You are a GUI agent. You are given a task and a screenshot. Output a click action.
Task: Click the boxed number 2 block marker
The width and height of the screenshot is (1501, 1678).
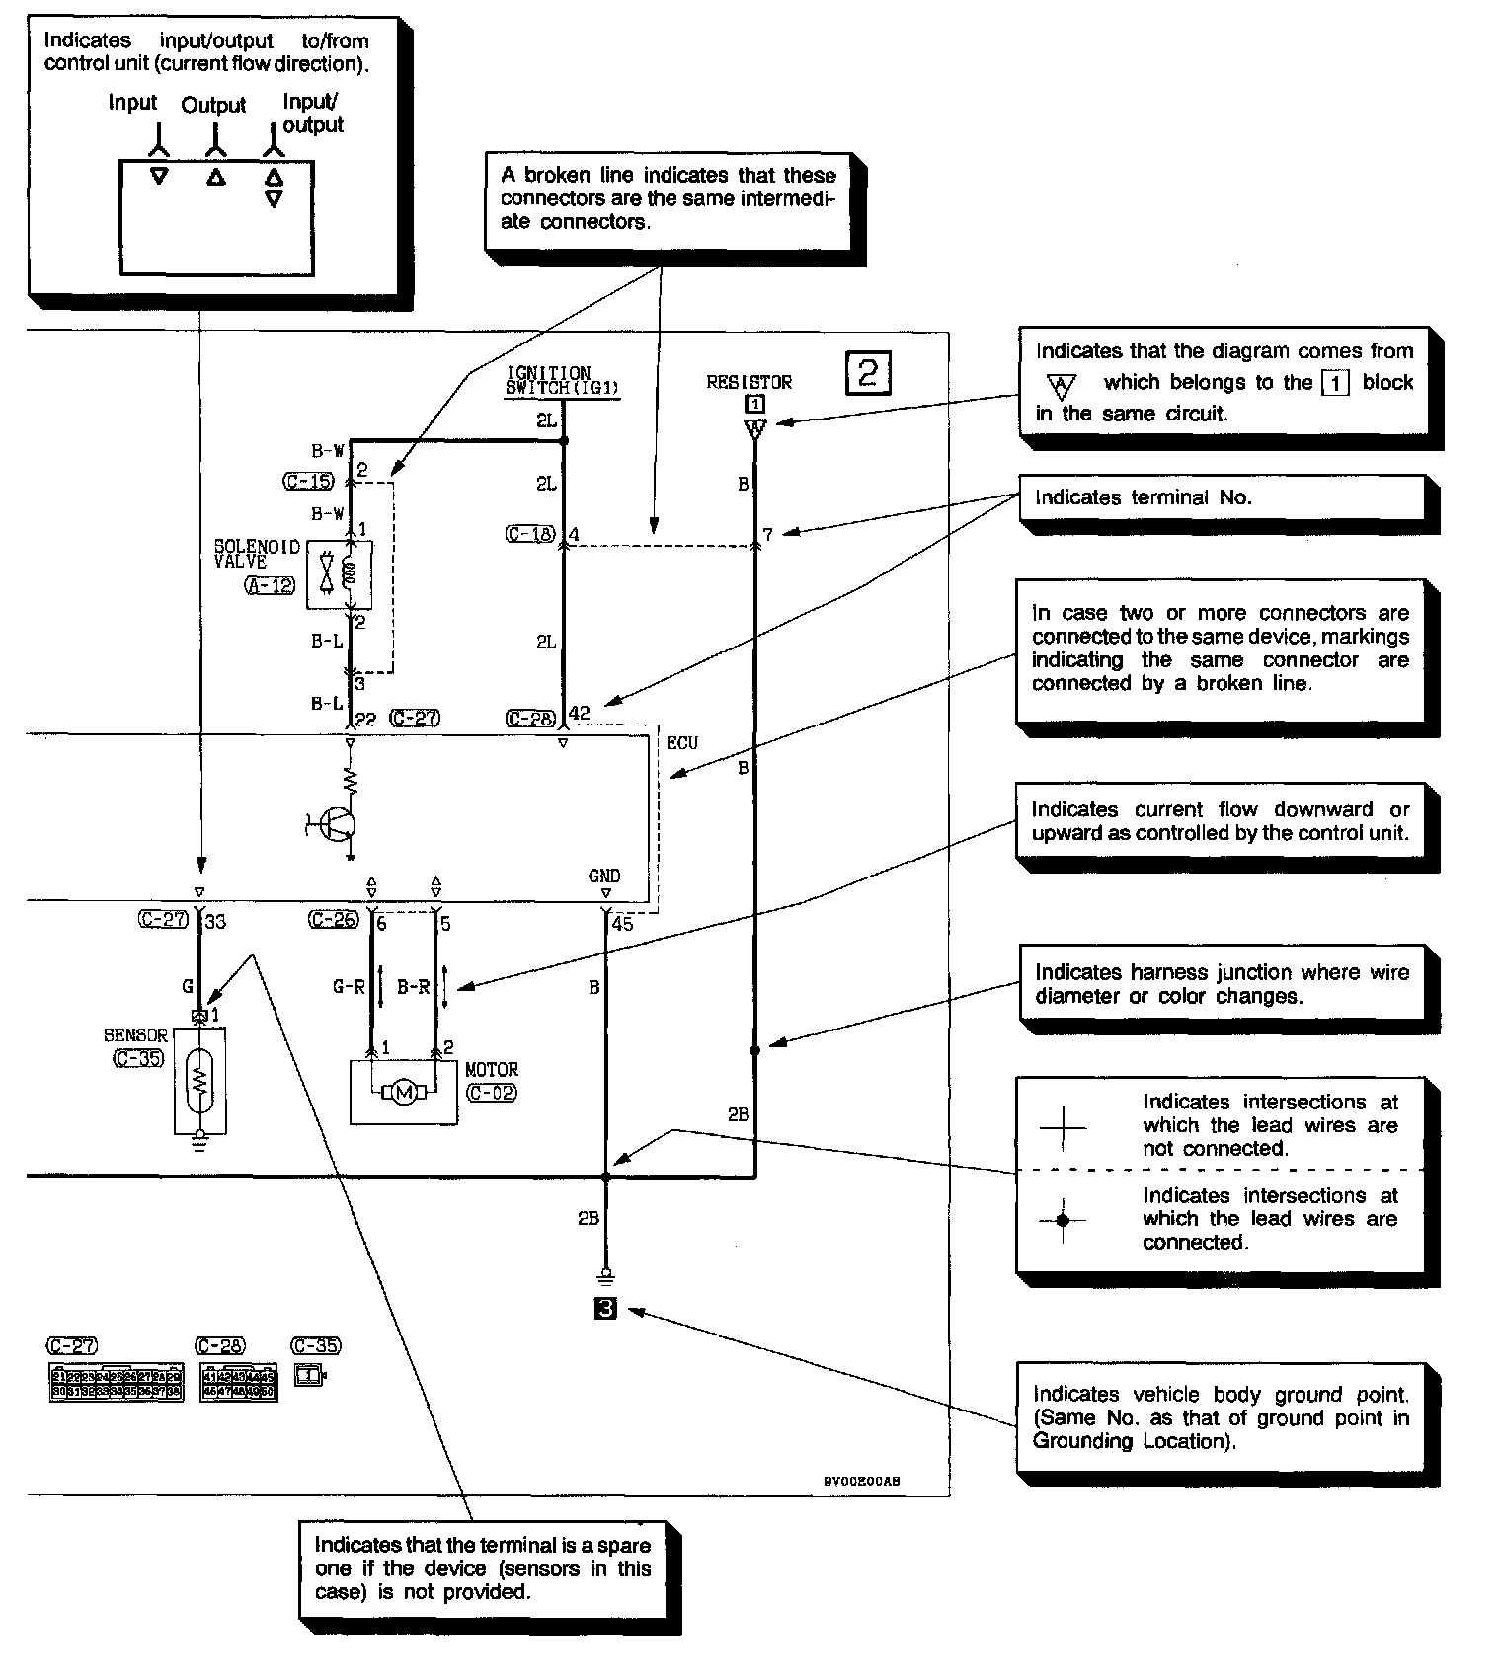pos(868,373)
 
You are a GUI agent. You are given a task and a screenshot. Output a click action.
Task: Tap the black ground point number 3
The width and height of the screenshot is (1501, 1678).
pos(606,1309)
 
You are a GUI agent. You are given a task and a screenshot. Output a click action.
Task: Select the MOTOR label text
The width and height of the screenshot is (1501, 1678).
pos(491,1070)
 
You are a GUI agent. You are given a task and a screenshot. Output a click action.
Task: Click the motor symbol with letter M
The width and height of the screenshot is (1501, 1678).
pos(403,1092)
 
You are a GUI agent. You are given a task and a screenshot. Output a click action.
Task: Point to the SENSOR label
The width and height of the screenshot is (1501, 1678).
pos(135,1035)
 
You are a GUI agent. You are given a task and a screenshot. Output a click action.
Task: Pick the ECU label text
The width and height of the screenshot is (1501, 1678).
pos(681,743)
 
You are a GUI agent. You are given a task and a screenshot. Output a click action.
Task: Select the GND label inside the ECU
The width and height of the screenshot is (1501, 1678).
pos(604,876)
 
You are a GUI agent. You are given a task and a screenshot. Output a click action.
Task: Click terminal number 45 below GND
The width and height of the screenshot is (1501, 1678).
pos(622,924)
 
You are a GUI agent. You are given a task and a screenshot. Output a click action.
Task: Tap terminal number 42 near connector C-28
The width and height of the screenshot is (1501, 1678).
pos(580,713)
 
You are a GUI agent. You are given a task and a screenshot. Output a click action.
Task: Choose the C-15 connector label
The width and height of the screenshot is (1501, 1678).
pos(308,482)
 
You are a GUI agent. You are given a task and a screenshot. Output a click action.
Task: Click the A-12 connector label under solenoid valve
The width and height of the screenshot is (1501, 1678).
pos(269,585)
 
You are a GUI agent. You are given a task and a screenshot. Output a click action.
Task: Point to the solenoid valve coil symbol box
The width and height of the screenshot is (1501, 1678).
pos(339,574)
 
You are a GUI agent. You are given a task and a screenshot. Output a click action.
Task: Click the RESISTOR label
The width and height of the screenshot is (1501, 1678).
pos(749,382)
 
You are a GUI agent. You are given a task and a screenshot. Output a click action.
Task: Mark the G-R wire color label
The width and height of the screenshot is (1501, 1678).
pos(349,986)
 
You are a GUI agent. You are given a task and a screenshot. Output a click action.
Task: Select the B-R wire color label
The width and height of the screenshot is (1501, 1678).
pos(413,986)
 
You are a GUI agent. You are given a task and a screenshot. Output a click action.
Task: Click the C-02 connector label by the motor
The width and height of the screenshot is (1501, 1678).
pos(491,1093)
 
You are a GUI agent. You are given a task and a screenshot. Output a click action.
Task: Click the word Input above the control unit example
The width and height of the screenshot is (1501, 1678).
pos(132,103)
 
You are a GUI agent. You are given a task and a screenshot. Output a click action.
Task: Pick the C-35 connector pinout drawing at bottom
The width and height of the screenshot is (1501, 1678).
pos(309,1373)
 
